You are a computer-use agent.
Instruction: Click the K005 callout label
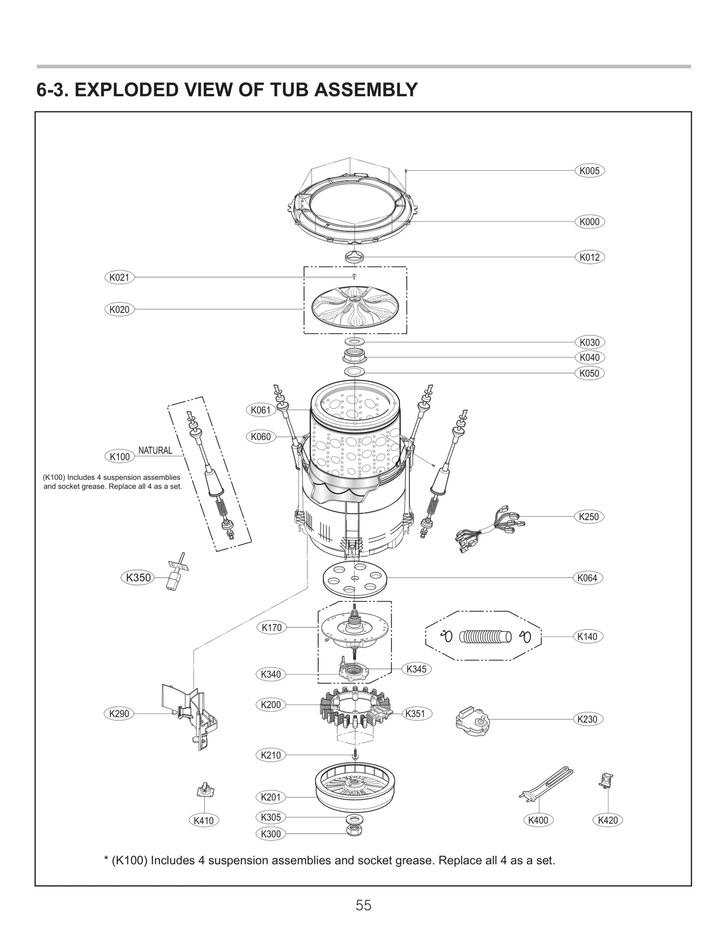(590, 171)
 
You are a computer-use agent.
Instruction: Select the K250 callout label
(589, 517)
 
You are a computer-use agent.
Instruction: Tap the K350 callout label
(138, 578)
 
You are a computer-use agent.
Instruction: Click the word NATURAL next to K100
(155, 450)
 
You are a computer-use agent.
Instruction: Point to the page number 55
(364, 905)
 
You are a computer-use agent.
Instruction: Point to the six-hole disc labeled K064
(355, 578)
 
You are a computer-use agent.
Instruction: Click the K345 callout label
(416, 669)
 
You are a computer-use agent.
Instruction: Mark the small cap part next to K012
(354, 257)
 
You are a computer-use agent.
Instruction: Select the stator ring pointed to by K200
(355, 714)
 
